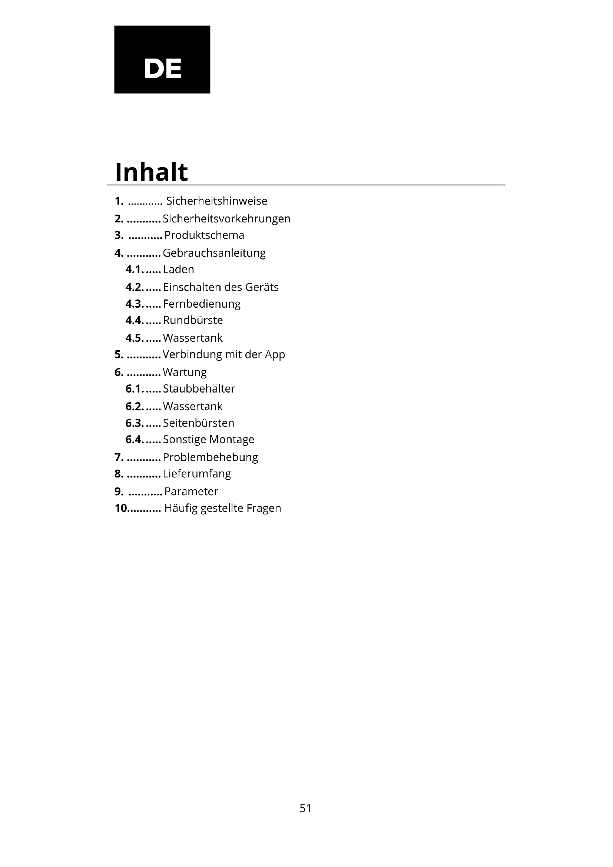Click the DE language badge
click(162, 59)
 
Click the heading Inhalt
click(151, 172)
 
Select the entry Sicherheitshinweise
click(217, 201)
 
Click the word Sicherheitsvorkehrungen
click(226, 219)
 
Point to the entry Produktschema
click(204, 235)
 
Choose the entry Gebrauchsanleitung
click(214, 253)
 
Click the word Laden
click(179, 269)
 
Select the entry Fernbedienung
click(202, 304)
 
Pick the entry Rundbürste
click(193, 320)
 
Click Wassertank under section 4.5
click(193, 338)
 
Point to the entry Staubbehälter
click(199, 388)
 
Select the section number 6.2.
click(135, 407)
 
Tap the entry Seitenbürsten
click(199, 423)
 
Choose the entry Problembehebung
click(210, 457)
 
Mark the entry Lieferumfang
click(197, 474)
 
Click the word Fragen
click(264, 508)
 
